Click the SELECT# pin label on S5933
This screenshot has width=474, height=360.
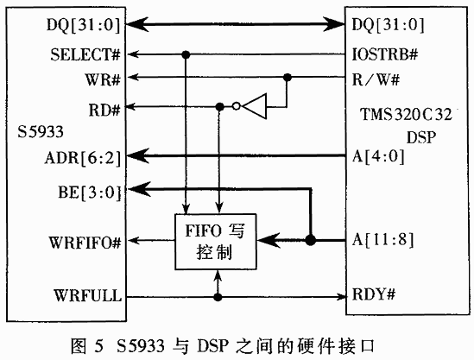85,54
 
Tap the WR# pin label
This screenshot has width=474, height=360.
103,79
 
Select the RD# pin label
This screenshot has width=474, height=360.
104,110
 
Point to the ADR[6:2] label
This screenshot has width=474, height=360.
83,158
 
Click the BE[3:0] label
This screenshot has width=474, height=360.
90,193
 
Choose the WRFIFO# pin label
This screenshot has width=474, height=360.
85,243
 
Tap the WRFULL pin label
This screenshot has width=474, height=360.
88,295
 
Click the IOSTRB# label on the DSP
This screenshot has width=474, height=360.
385,54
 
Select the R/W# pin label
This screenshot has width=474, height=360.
376,79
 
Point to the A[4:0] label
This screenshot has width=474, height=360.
378,156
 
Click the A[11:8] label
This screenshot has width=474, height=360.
382,240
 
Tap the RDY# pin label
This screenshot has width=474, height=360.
374,294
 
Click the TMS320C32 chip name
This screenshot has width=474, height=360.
406,115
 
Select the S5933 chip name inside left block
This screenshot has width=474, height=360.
41,132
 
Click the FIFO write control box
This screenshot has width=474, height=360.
216,242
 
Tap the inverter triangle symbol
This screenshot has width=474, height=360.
255,106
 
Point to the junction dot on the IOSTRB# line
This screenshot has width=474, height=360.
186,54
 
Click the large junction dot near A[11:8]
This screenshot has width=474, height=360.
311,240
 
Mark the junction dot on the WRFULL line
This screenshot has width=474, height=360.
218,297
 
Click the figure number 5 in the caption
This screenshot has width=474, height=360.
98,346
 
